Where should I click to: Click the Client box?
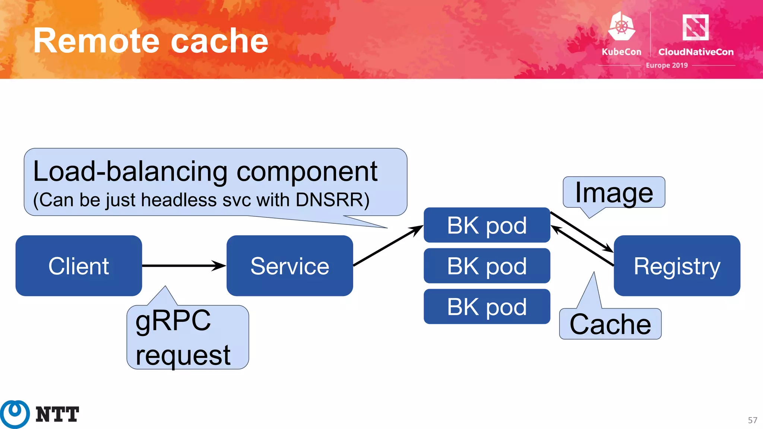pyautogui.click(x=79, y=266)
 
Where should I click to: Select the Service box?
pyautogui.click(x=289, y=266)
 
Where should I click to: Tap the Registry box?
pyautogui.click(x=677, y=266)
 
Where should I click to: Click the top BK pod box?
pyautogui.click(x=487, y=225)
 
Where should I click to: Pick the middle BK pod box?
pyautogui.click(x=487, y=266)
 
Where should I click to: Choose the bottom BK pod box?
pyautogui.click(x=487, y=306)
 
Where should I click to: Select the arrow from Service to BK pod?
pyautogui.click(x=387, y=246)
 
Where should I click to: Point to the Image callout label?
pyautogui.click(x=614, y=193)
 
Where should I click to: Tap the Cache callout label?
pyautogui.click(x=610, y=324)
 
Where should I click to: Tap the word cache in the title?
pyautogui.click(x=219, y=41)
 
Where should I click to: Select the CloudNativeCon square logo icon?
pyautogui.click(x=695, y=27)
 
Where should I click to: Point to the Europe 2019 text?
pyautogui.click(x=667, y=65)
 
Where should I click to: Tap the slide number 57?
pyautogui.click(x=752, y=420)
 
